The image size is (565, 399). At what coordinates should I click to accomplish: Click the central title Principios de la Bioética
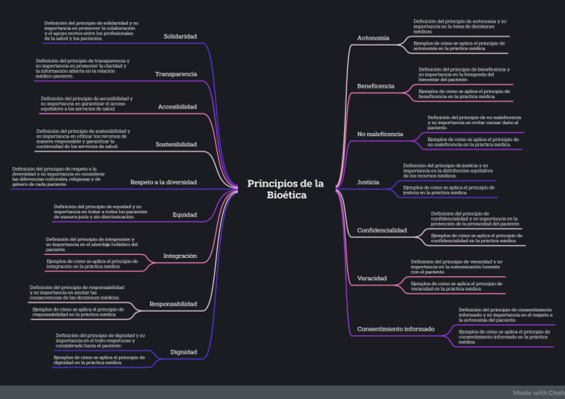pos(286,189)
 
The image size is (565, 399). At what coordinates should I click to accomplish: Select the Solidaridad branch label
pos(180,36)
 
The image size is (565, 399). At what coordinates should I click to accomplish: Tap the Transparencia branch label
pos(176,74)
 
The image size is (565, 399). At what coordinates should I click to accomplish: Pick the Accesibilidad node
pos(177,107)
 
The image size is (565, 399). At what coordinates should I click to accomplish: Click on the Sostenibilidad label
pos(176,145)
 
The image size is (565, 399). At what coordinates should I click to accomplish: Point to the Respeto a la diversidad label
pos(163,181)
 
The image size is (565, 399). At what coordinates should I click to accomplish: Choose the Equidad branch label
pos(185,215)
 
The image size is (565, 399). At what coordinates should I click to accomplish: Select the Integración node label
pos(180,256)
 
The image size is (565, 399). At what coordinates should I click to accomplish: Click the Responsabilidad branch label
pos(173,303)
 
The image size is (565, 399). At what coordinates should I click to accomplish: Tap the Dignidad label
pos(183,352)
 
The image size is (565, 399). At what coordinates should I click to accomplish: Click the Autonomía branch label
pos(373,37)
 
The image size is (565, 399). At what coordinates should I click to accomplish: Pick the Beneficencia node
pos(375,86)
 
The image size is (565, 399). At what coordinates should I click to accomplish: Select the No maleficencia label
pos(380,134)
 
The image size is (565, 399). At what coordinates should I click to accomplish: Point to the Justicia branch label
pos(368,181)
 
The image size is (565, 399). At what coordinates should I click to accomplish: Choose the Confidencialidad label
pos(382,230)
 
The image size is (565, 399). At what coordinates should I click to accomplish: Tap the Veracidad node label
pos(372,278)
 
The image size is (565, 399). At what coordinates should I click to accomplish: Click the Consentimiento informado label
pos(396,328)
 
